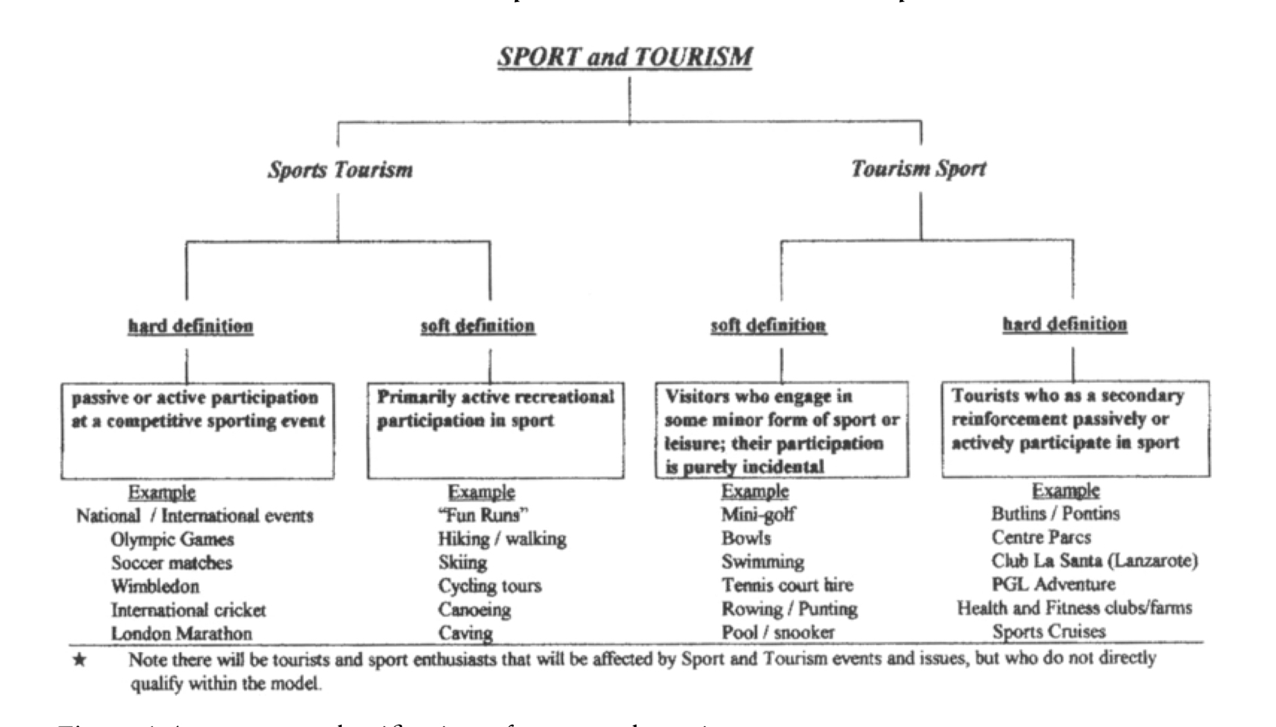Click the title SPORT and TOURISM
click(x=624, y=56)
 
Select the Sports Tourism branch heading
click(x=340, y=170)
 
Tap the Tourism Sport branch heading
click(x=918, y=169)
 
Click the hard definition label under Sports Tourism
click(x=191, y=326)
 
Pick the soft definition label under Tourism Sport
click(x=768, y=325)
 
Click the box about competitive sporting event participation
click(x=198, y=430)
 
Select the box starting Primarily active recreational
click(x=495, y=430)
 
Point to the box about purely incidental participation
click(x=782, y=430)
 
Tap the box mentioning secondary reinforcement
click(x=1076, y=429)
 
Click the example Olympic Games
click(x=172, y=539)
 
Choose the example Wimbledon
click(x=155, y=586)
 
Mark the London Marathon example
click(x=182, y=633)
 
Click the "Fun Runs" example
click(x=483, y=515)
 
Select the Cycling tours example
click(x=490, y=585)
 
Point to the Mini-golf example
click(x=758, y=514)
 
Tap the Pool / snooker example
click(x=778, y=632)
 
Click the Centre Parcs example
click(x=1041, y=537)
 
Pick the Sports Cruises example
click(x=1049, y=631)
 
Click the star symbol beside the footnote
click(x=80, y=660)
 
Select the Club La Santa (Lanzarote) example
click(x=1094, y=561)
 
